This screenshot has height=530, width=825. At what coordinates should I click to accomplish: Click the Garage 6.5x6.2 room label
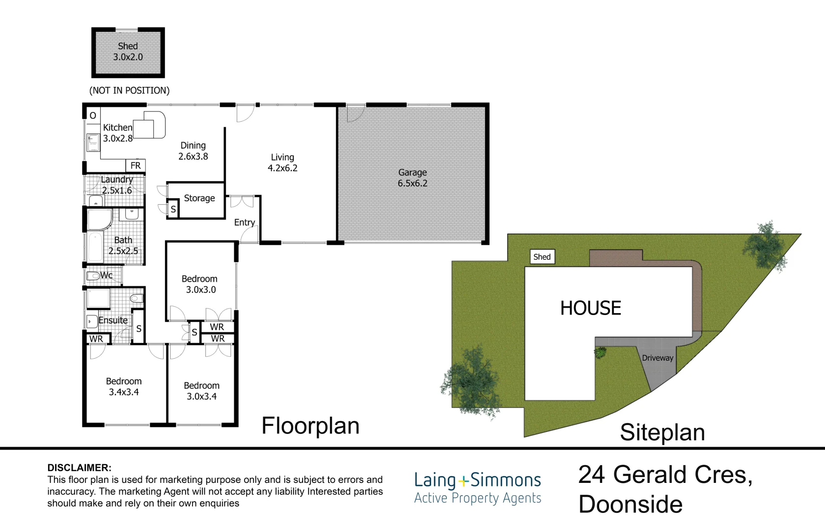tap(412, 178)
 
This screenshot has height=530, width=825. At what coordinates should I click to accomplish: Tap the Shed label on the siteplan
tap(542, 257)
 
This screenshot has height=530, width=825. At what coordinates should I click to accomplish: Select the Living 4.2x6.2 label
tap(282, 163)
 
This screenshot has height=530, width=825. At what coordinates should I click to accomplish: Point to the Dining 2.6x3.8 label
tap(193, 151)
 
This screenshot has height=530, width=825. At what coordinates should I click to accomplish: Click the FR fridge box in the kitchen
tap(136, 166)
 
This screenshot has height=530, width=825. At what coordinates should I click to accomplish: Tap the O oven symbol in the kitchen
tap(93, 116)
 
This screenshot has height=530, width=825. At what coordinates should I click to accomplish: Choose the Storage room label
tap(199, 198)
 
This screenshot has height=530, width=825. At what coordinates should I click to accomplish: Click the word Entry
tap(245, 223)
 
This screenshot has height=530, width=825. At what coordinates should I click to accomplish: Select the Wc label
tap(106, 275)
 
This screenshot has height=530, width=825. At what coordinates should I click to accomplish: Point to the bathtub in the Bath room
tap(96, 246)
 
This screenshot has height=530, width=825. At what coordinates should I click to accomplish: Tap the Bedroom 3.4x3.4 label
tap(124, 387)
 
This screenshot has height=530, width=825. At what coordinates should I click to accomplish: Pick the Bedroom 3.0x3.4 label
tap(201, 391)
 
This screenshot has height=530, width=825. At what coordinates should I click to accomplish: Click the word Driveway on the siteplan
tap(658, 358)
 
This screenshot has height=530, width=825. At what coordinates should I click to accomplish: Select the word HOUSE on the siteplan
tap(591, 308)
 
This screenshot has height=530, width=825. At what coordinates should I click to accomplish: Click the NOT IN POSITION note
tap(129, 90)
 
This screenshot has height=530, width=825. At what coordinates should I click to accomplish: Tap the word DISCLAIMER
tap(79, 468)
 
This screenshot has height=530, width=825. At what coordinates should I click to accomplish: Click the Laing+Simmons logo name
tap(478, 480)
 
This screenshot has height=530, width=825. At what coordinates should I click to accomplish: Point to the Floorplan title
tap(310, 426)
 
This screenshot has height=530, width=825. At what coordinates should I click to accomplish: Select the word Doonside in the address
tap(631, 504)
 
